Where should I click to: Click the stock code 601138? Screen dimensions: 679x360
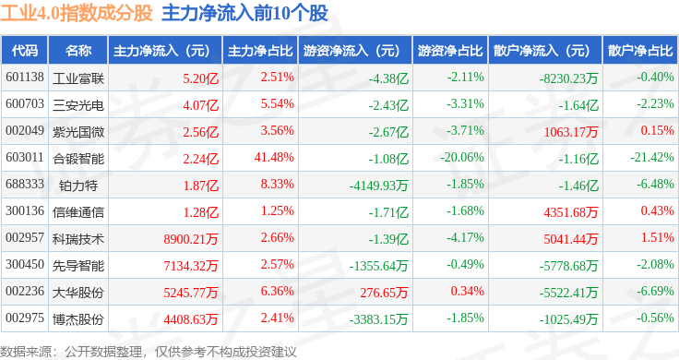pos(25,78)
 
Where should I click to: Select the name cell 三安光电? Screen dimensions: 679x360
pos(78,105)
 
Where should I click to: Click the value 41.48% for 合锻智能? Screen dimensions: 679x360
pos(274,157)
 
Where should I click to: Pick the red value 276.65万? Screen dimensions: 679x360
pos(384,293)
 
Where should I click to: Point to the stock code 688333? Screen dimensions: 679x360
pos(25,184)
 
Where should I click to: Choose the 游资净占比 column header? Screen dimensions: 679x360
pos(450,51)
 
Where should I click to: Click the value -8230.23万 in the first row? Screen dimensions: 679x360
pos(568,78)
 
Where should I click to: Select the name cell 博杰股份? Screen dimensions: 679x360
pos(78,319)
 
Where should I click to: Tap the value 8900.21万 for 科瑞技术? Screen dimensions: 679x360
pos(191,239)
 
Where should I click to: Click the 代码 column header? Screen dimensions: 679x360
pos(25,51)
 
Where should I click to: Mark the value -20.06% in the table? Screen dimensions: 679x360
pos(462,157)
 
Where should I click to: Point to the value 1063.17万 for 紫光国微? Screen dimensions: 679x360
pos(571,132)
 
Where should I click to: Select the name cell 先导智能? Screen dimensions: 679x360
pos(78,266)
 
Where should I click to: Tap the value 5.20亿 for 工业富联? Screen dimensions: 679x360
pos(200,78)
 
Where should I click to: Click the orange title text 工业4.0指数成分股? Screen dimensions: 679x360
pos(77,13)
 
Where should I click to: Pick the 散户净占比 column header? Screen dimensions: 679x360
pos(640,51)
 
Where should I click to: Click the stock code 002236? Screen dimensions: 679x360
pos(25,291)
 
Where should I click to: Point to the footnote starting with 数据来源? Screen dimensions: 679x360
pos(149,352)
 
